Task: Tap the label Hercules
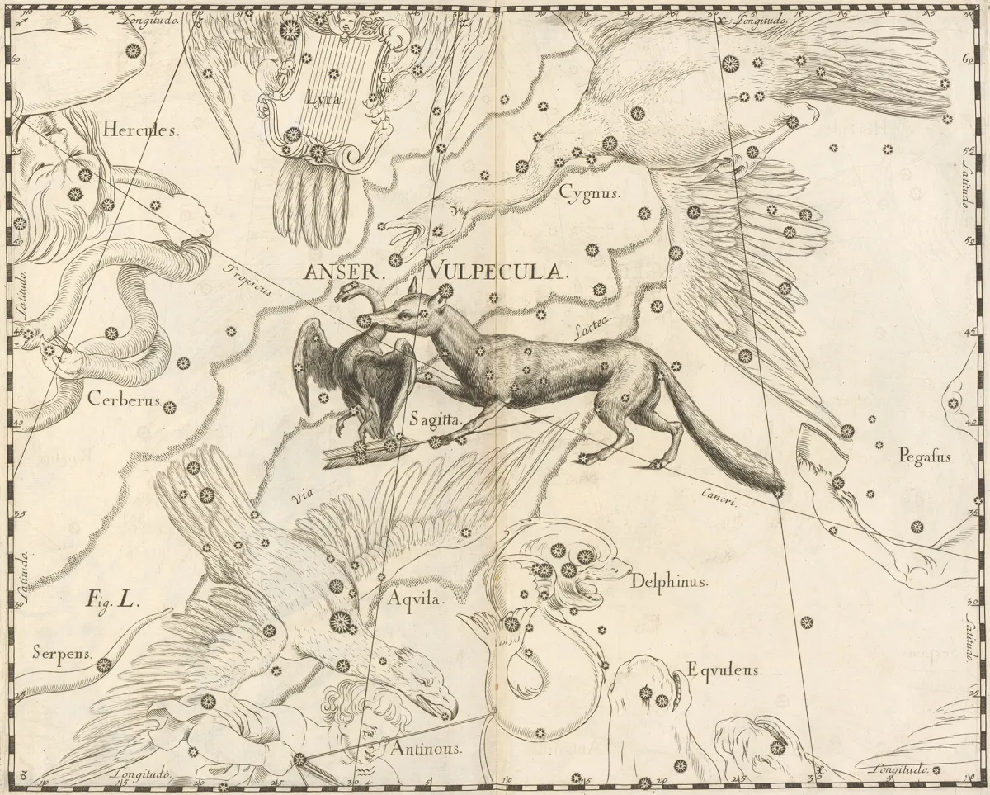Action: pos(140,130)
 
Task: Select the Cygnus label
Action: pos(588,193)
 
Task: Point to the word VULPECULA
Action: pos(496,271)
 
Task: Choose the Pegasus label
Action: pos(925,456)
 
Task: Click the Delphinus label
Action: pos(669,582)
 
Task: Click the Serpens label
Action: pos(59,653)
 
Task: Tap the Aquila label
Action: pos(416,600)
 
